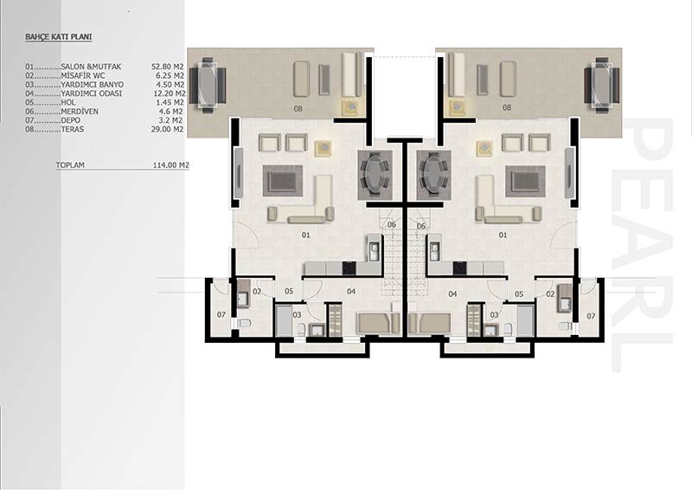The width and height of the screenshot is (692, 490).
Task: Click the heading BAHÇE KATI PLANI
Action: pos(58,37)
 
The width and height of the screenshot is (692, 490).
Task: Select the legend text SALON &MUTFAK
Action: pos(91,67)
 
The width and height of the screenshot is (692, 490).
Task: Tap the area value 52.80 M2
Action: pos(167,67)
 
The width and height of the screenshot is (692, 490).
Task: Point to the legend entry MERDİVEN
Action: pos(80,112)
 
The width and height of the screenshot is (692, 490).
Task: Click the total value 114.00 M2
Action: pos(170,165)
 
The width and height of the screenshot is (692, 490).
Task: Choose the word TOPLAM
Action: pos(70,165)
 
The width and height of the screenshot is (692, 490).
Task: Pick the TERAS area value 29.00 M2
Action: pos(167,130)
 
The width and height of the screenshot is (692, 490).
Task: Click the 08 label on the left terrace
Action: pos(298,108)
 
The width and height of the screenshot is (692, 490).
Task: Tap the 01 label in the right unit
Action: pos(503,235)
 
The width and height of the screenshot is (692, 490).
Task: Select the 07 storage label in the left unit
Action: pos(221,314)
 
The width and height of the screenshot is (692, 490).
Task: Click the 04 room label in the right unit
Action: pos(452,293)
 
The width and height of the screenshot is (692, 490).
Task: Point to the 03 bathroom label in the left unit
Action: pos(297,314)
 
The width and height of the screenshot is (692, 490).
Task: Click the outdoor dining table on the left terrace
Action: pos(208,86)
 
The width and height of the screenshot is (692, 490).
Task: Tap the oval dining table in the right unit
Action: pos(434,174)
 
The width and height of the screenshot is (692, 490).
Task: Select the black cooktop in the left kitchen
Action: pos(349,268)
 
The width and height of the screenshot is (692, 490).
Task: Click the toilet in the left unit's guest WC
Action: pos(244,323)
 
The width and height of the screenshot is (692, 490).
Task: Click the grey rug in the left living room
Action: pos(283,181)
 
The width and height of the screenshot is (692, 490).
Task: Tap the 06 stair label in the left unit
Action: pos(392,225)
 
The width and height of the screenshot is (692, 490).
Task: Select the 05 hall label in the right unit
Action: pos(519,293)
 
